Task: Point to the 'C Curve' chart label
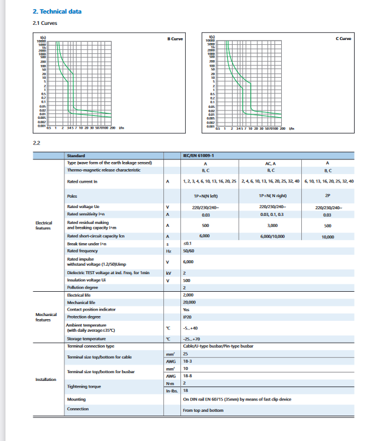tap(343, 39)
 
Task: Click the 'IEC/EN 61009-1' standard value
tap(199, 156)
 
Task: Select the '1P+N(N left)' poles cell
tap(205, 196)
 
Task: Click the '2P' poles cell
tap(327, 196)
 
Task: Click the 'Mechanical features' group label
tap(46, 317)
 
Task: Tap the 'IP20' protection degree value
tap(189, 317)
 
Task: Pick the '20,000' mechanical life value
tap(189, 301)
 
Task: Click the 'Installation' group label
tap(46, 380)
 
